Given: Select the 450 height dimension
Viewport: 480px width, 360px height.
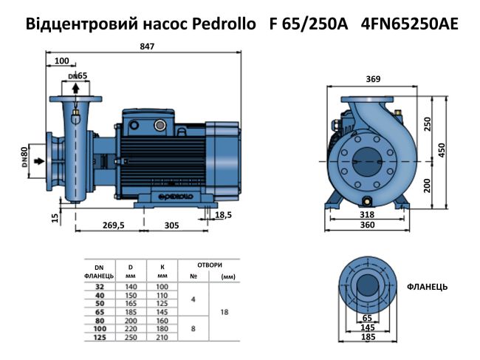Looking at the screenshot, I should (x=442, y=149).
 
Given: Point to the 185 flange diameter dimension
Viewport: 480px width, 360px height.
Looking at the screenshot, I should (x=367, y=336).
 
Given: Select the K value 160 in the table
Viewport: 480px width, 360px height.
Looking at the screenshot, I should (x=163, y=322).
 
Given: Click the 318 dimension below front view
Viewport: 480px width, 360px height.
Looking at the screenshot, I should (x=367, y=215).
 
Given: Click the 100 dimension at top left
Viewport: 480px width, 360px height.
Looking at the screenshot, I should (x=62, y=61).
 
